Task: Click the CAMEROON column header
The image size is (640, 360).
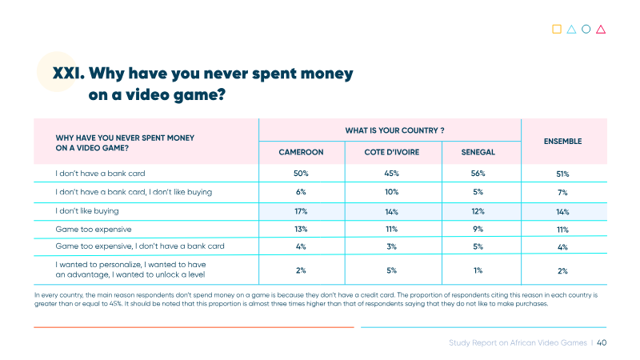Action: click(x=301, y=152)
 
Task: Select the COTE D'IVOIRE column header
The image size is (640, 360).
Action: click(x=392, y=152)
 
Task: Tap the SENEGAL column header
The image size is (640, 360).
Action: click(x=478, y=152)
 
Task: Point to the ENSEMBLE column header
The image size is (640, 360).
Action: click(x=563, y=142)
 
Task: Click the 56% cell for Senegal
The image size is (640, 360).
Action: click(x=478, y=174)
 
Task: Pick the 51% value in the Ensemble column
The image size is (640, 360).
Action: click(x=562, y=174)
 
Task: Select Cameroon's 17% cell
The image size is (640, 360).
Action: click(x=301, y=211)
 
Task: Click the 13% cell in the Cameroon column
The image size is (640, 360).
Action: click(x=301, y=230)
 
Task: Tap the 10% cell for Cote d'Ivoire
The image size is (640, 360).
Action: click(x=392, y=192)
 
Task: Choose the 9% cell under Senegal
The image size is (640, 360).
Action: click(x=478, y=230)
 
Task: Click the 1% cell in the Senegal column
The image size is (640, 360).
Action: click(x=478, y=270)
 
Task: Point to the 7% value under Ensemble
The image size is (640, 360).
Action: click(x=562, y=192)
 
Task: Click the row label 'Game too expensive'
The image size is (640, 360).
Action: click(x=94, y=230)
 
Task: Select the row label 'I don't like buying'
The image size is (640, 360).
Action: click(x=87, y=211)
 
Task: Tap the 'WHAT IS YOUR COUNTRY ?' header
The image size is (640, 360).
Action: click(x=394, y=130)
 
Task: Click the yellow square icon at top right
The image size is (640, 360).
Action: click(x=557, y=29)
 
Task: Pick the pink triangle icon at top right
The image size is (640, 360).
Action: click(x=601, y=30)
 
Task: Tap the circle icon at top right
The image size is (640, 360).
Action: click(x=586, y=29)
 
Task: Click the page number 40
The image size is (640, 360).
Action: click(x=602, y=343)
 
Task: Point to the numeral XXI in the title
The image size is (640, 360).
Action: click(x=69, y=74)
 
